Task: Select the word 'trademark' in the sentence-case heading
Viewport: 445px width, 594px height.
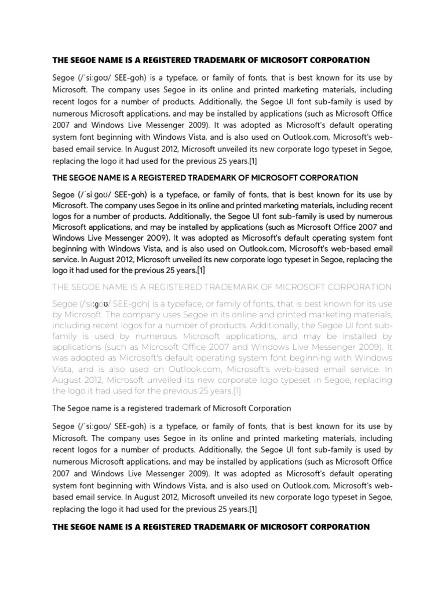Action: click(187, 408)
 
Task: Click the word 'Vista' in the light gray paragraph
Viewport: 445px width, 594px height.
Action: click(64, 369)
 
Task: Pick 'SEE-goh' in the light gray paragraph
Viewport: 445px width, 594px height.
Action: click(134, 303)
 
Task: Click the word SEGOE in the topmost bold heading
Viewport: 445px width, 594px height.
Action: click(83, 60)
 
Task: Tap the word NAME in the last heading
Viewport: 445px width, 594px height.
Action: click(112, 527)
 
